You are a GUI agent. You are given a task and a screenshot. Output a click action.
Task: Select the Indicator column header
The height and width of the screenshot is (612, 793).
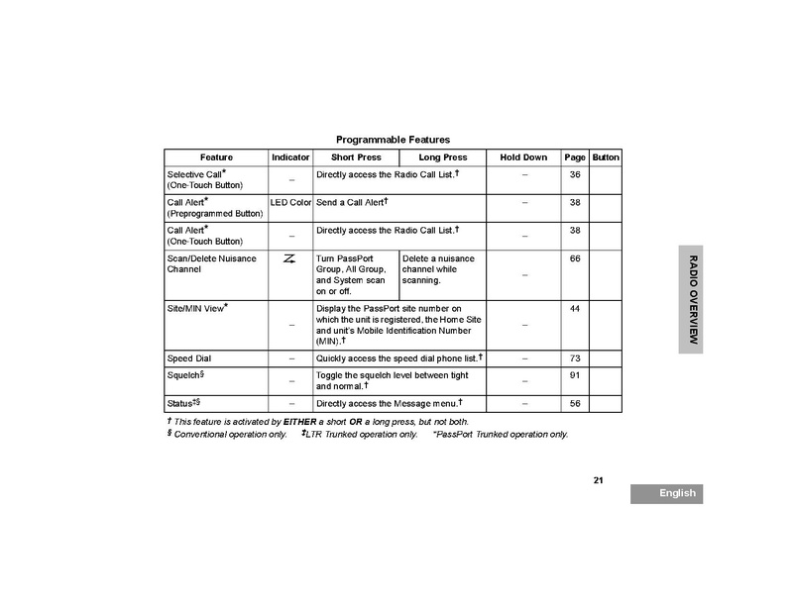(x=290, y=157)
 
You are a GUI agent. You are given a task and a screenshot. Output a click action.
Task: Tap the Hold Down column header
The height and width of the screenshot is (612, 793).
(x=523, y=157)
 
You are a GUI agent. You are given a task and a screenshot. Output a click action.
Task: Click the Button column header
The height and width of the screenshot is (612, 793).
(x=606, y=157)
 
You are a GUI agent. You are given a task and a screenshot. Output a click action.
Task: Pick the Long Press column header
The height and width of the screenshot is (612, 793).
(x=443, y=157)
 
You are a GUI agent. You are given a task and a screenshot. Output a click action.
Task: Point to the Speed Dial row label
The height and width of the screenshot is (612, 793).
(x=188, y=357)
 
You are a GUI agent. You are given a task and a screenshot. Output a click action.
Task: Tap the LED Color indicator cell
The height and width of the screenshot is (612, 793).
(x=290, y=202)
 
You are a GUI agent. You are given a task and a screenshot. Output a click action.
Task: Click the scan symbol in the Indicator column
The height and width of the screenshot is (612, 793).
(x=290, y=259)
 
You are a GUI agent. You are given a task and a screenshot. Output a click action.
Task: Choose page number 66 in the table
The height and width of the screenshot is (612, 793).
(x=575, y=258)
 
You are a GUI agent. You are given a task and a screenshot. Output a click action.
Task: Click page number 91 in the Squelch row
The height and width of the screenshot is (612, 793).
(x=575, y=375)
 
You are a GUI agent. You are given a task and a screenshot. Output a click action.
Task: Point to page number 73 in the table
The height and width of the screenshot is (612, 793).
(x=575, y=357)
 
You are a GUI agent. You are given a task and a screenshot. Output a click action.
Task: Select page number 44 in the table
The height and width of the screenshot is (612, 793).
(x=575, y=308)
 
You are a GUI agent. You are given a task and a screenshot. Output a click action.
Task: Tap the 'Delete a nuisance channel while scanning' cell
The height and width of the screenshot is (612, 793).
(x=441, y=269)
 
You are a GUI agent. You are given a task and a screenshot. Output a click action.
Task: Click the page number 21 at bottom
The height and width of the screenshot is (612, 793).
(x=599, y=480)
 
